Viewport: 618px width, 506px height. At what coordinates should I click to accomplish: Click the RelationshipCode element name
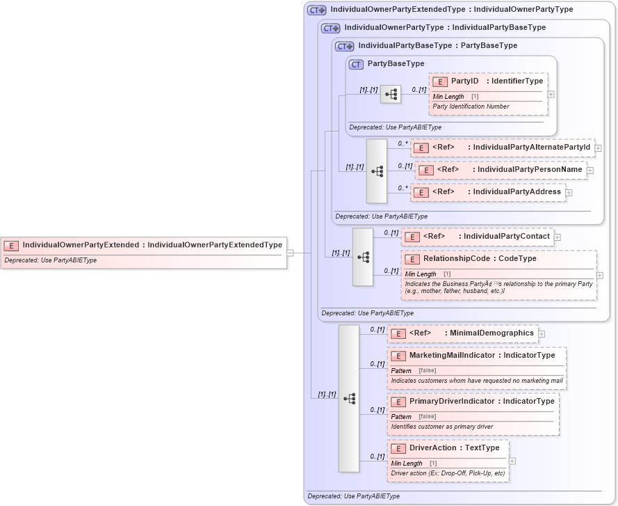pos(479,259)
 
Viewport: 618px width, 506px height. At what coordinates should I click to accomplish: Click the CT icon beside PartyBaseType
pos(357,64)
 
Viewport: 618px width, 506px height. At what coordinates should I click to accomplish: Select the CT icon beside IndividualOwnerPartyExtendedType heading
pos(317,10)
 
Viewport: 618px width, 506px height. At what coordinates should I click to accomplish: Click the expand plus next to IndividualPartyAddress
pos(569,193)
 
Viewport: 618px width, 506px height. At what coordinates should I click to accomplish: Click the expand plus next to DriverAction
pos(512,461)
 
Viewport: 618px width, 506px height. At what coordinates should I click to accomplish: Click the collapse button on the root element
pos(291,253)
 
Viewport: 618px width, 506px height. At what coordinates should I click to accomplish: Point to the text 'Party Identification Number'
pos(471,106)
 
